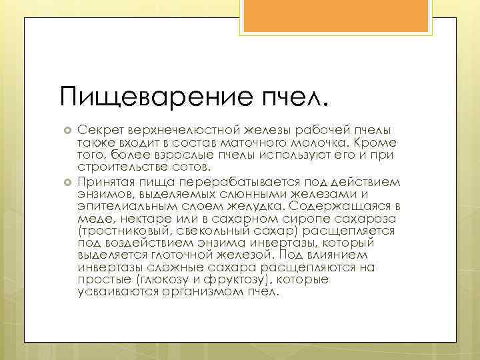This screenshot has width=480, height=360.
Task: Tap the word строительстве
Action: point(121,166)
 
